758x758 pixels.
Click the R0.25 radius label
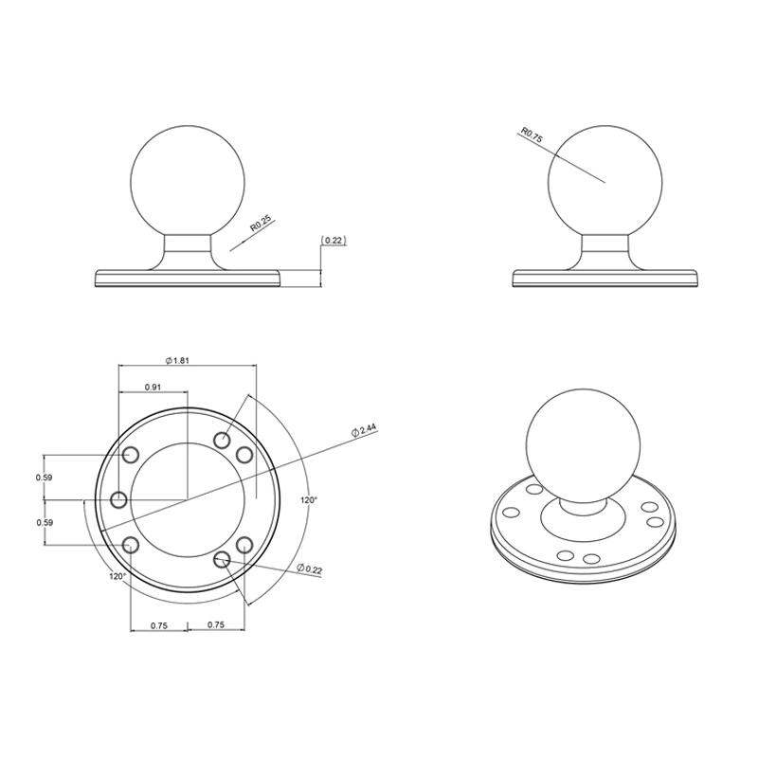point(261,224)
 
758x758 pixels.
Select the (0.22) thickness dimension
point(334,241)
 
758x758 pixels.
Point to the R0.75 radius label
point(531,135)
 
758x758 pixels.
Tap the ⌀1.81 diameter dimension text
point(177,360)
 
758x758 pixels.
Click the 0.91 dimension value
point(152,388)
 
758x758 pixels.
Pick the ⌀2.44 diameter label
point(364,430)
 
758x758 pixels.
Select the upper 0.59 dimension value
point(44,477)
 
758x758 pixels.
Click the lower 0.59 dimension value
point(44,522)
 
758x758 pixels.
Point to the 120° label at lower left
point(117,575)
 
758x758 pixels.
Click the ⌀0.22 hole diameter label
point(309,568)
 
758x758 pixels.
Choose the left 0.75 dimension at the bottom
point(157,625)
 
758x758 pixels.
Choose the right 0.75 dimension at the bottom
point(215,625)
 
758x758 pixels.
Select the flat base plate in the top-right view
point(606,278)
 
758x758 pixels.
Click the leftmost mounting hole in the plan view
point(119,499)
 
